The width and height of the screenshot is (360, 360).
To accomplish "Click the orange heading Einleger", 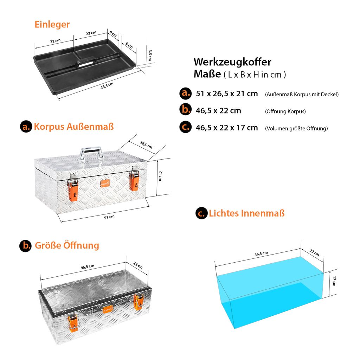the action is point(52,25).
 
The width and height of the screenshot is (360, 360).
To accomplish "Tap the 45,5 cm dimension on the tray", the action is point(107,86).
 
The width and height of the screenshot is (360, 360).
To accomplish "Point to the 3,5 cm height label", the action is point(150,55).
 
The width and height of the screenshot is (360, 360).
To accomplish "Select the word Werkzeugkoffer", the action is point(232,62).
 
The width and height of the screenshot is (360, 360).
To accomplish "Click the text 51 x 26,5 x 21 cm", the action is point(227,94).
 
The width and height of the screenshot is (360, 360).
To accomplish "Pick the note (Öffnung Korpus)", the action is point(285,111).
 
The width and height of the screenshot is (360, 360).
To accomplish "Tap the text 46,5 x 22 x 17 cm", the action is point(227,128).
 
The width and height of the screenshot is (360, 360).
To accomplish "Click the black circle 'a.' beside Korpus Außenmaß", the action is point(26,127).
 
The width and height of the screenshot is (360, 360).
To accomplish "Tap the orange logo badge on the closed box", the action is point(105,184).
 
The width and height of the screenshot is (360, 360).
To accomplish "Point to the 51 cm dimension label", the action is point(109,217).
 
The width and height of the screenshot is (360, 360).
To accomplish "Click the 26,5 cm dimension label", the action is point(146,144).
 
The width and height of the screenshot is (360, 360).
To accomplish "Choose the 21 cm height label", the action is point(160,176).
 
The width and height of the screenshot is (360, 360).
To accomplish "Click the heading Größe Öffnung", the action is point(67,245).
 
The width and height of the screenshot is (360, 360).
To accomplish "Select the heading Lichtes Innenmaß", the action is point(246,213).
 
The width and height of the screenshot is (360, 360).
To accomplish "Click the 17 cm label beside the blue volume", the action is point(334,281).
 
